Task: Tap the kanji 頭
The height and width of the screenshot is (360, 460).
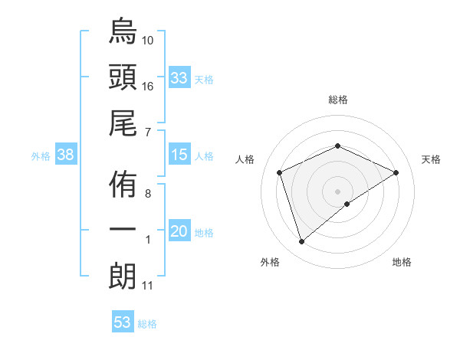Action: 123,77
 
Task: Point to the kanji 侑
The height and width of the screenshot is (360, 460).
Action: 123,184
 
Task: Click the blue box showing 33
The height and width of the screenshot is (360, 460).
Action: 179,78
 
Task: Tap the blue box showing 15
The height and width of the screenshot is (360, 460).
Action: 179,155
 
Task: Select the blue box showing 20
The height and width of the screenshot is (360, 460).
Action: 179,231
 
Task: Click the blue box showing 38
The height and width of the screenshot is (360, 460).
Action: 66,155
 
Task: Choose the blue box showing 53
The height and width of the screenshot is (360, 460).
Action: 123,322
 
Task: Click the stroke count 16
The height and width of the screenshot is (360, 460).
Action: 148,87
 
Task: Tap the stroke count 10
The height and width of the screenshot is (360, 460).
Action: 148,39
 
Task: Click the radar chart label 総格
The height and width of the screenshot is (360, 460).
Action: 338,100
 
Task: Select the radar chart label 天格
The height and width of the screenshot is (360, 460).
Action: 432,159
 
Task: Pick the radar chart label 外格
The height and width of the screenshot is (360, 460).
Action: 270,262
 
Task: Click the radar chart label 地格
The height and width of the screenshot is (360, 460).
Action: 402,262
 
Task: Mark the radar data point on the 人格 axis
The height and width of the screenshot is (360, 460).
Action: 280,172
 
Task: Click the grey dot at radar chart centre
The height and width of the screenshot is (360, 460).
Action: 337,191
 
